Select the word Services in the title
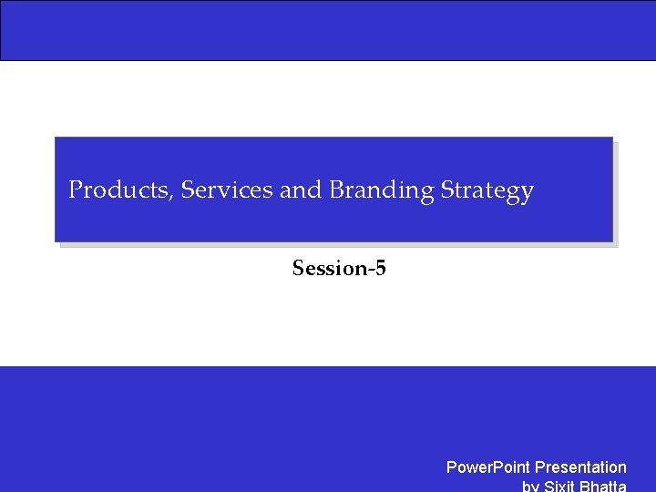coord(227,190)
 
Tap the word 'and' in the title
coord(301,190)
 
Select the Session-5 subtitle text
coord(339,268)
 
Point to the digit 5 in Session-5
coord(380,268)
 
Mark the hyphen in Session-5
coord(369,271)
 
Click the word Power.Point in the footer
coord(487,467)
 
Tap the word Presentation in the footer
coord(580,467)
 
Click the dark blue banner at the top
coord(328,30)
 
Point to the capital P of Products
coord(77,190)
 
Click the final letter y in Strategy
coord(527,194)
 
